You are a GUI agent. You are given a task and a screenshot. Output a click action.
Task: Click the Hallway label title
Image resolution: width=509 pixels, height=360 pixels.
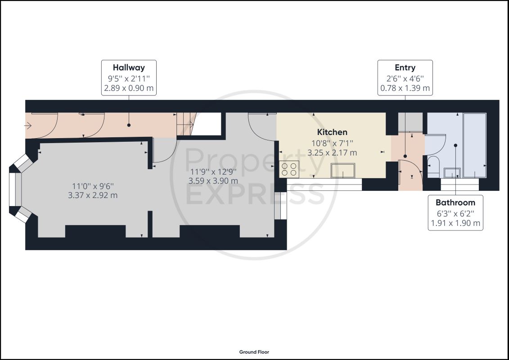pos(129,67)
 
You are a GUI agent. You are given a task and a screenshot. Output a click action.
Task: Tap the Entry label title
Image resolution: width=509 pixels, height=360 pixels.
pos(405,67)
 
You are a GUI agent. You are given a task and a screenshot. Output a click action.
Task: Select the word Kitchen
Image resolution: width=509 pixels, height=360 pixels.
pos(332,132)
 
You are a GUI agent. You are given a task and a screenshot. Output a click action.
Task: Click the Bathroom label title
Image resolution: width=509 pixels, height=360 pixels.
pos(455,202)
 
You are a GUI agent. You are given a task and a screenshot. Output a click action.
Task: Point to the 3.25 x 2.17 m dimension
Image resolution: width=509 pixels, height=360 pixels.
pos(332,153)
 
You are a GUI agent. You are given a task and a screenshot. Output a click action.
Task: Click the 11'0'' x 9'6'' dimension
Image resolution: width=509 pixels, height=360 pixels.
pos(93,186)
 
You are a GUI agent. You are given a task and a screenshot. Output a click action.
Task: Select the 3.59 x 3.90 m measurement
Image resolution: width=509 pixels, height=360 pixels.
pos(213,181)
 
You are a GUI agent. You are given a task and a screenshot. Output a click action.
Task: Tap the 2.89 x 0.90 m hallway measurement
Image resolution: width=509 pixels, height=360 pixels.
pos(129,88)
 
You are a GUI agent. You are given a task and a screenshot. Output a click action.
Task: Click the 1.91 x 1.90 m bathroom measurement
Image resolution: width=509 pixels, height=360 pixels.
pos(455,223)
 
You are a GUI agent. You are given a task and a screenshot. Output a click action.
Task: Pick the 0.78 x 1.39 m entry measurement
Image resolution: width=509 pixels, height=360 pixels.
pos(405,88)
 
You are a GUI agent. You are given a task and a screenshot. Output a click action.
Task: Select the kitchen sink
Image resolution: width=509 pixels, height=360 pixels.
pos(343,171)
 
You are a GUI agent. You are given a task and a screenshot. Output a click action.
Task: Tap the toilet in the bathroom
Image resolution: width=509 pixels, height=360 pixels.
pos(433,166)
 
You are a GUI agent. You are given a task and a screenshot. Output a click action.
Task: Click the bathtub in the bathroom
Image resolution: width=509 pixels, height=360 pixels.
pos(475,145)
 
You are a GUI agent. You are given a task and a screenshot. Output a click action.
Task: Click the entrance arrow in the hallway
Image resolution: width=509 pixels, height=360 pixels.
pos(27,125)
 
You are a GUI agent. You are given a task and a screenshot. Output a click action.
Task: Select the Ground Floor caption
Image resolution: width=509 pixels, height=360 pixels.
pos(254,352)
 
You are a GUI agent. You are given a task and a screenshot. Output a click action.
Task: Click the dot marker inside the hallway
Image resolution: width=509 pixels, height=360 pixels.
pos(129,125)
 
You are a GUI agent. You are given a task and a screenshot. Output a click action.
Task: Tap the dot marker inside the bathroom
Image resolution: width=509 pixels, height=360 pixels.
pos(455,145)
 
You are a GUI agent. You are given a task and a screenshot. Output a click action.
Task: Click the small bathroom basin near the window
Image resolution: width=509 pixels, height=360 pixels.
pos(452,173)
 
